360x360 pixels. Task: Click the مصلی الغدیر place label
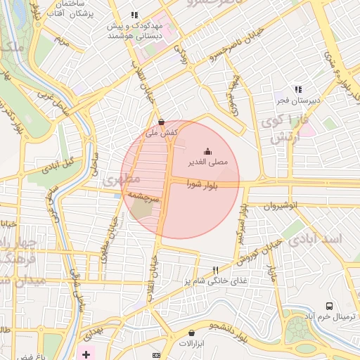click(207, 162)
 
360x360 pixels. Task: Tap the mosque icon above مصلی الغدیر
click(207, 151)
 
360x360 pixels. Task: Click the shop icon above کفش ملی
click(162, 121)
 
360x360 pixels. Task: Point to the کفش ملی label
click(161, 132)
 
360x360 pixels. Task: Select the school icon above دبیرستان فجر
click(298, 89)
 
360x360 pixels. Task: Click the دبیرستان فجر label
click(298, 101)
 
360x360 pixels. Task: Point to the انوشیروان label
click(281, 205)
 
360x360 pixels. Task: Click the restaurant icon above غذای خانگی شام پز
click(215, 270)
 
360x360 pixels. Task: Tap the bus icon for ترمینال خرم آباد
click(329, 306)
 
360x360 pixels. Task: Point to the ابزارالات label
click(190, 345)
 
